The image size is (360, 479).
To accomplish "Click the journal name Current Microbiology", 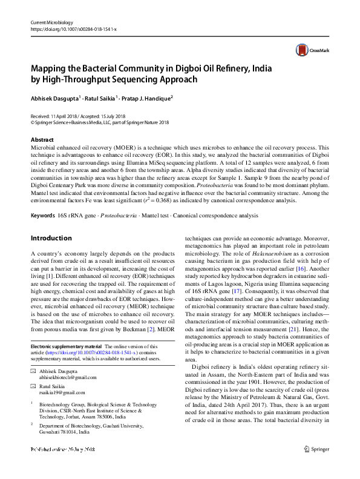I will click(x=53, y=22).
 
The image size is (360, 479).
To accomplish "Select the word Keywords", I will click(x=44, y=216).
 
